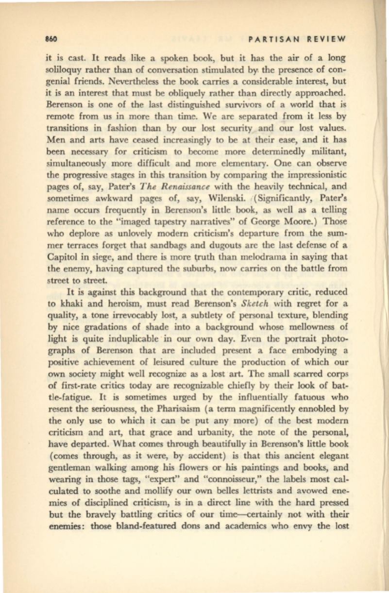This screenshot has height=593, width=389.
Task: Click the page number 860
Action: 48,39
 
